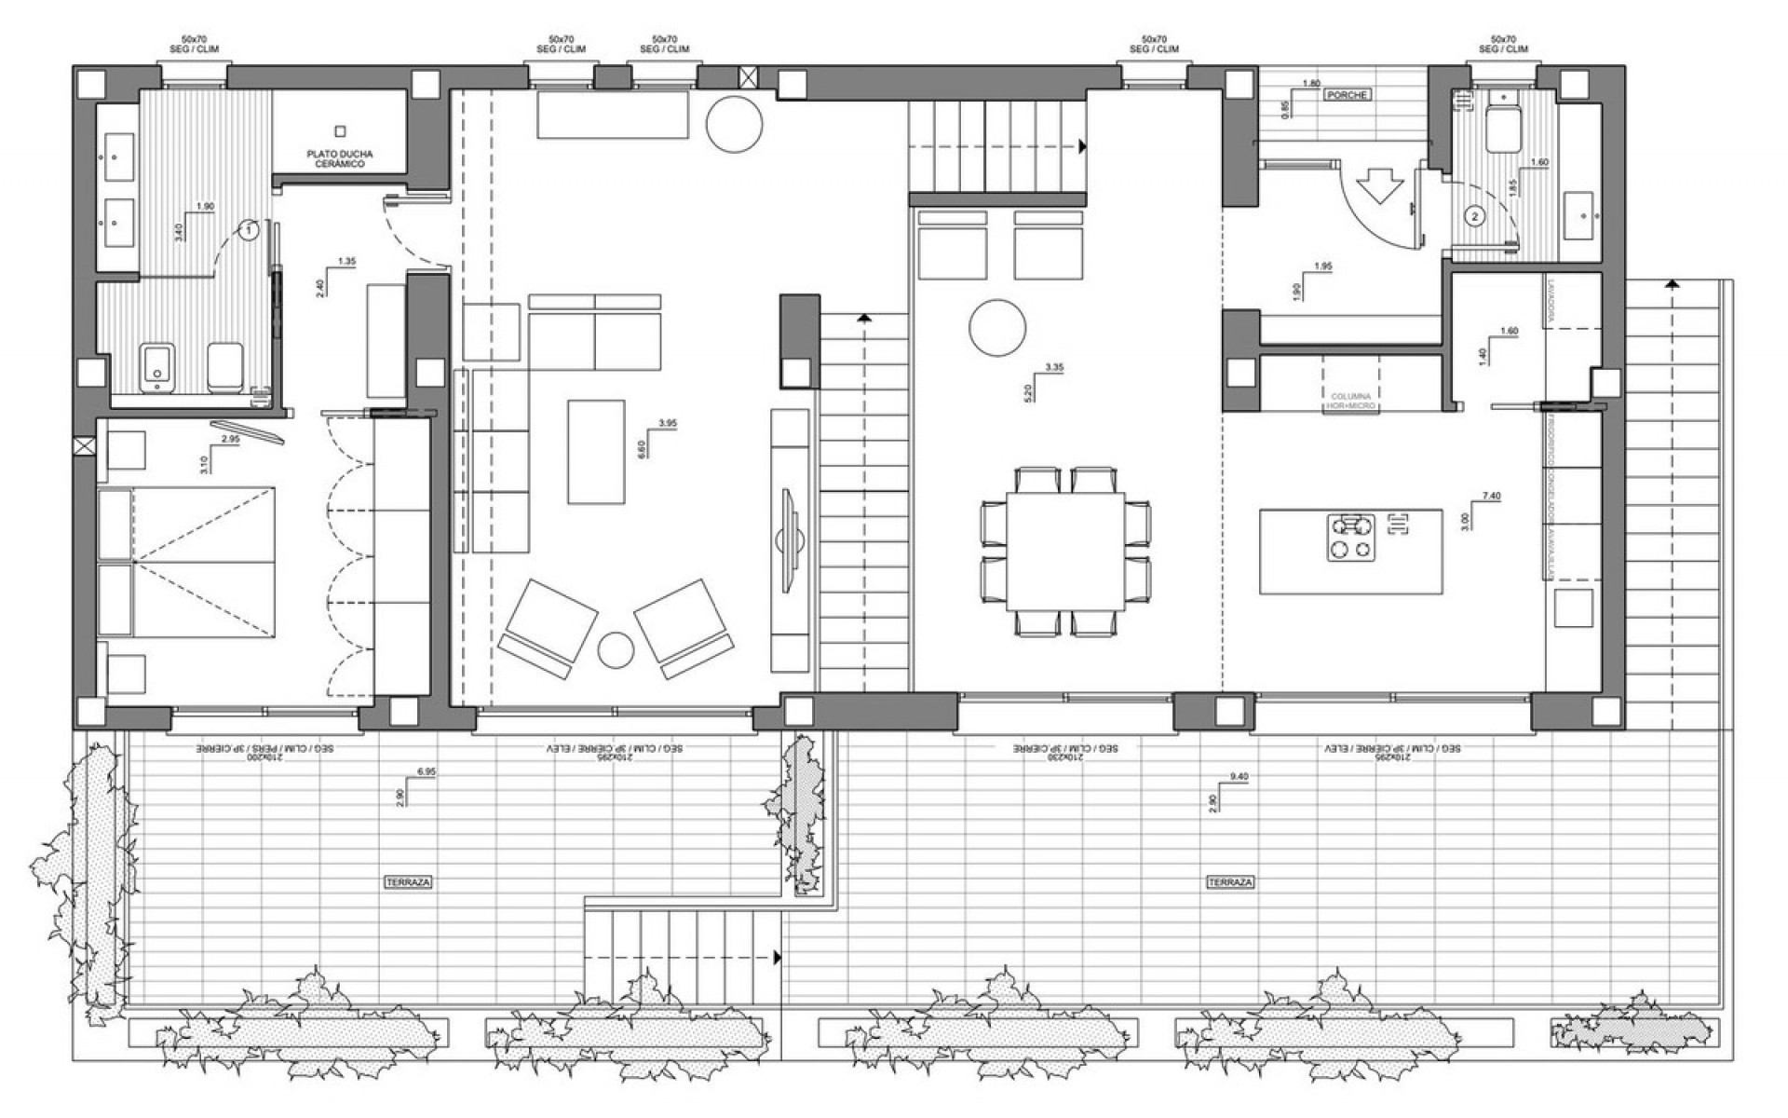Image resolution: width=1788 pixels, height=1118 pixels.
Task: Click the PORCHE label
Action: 1348,95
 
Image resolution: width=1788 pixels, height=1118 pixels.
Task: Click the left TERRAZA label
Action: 409,881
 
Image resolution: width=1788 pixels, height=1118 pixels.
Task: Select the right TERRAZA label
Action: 1230,881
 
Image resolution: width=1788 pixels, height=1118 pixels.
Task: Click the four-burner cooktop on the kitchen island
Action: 1350,538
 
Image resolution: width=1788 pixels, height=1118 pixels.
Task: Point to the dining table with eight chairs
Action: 1066,551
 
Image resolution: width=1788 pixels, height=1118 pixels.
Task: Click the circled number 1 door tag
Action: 249,228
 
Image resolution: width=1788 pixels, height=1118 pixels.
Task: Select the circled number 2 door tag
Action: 1474,217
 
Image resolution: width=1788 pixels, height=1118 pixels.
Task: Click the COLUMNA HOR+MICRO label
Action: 1350,402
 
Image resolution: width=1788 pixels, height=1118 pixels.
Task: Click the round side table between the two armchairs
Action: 616,649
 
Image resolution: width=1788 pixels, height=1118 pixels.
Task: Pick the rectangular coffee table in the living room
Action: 596,452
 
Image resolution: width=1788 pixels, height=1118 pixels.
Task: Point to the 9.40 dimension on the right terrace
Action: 1239,776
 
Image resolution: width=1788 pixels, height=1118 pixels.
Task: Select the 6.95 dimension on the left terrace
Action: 427,771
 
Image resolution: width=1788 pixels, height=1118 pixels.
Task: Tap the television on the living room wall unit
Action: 787,539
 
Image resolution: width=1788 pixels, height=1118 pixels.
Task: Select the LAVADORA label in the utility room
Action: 1551,301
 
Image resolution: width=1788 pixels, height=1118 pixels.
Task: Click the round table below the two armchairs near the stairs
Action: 997,327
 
